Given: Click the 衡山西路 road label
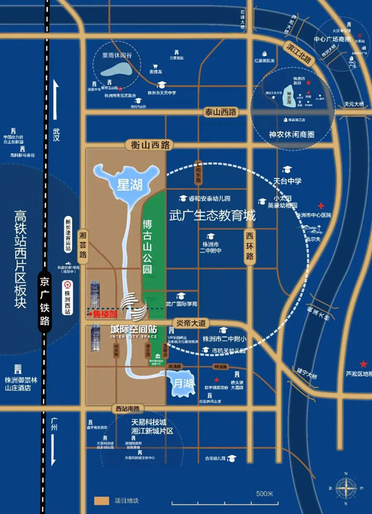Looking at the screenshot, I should tap(151, 145).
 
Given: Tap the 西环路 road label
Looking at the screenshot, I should tap(250, 241).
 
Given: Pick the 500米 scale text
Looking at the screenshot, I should tap(265, 494).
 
